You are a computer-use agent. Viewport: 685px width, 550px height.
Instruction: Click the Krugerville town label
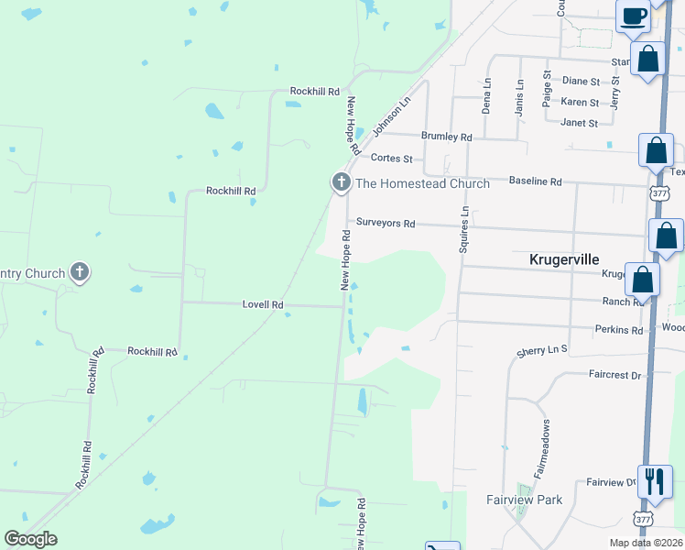pyautogui.click(x=564, y=259)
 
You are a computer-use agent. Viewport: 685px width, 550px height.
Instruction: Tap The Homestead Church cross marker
pyautogui.click(x=342, y=182)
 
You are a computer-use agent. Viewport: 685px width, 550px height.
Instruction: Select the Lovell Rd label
pyautogui.click(x=263, y=304)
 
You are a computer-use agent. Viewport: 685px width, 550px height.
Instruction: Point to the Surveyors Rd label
pyautogui.click(x=386, y=223)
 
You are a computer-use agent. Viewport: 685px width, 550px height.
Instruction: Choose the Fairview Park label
pyautogui.click(x=524, y=500)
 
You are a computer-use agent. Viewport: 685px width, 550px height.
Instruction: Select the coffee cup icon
pyautogui.click(x=634, y=15)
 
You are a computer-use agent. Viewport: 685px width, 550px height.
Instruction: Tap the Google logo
pyautogui.click(x=31, y=539)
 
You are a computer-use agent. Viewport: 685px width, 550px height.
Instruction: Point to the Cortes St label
pyautogui.click(x=392, y=159)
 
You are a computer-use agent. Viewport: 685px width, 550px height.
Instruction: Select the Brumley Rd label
pyautogui.click(x=446, y=137)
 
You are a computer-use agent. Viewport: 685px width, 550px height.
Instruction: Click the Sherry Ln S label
pyautogui.click(x=542, y=350)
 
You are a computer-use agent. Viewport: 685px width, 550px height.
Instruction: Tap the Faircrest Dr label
pyautogui.click(x=617, y=375)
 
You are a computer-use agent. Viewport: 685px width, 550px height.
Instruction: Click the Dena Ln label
pyautogui.click(x=486, y=96)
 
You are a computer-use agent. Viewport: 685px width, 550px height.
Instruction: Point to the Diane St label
pyautogui.click(x=581, y=81)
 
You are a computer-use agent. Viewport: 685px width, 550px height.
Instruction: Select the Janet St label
pyautogui.click(x=579, y=123)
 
